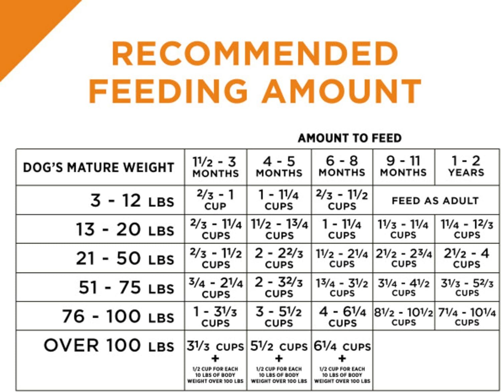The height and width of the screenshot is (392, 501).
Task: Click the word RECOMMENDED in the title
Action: (255, 54)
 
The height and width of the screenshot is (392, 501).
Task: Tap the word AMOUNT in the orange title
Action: (342, 91)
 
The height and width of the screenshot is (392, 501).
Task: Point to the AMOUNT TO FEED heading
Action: (349, 138)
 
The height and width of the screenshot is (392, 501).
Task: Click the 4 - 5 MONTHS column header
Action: (279, 167)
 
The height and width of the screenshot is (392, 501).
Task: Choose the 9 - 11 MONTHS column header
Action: (403, 166)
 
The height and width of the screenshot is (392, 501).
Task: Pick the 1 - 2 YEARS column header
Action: (466, 166)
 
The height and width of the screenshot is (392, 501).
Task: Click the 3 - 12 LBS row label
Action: (132, 201)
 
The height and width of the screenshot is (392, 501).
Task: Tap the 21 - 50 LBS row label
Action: (125, 259)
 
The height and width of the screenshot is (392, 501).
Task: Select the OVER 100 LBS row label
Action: (109, 346)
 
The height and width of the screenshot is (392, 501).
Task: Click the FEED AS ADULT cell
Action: (435, 201)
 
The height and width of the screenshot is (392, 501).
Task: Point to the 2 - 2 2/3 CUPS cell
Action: (279, 258)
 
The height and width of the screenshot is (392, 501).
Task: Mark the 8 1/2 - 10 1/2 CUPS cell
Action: (403, 316)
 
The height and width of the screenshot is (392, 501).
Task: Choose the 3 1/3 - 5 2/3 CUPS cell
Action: (467, 287)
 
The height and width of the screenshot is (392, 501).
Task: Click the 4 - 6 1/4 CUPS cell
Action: (342, 316)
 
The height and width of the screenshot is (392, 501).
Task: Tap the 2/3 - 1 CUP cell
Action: (215, 200)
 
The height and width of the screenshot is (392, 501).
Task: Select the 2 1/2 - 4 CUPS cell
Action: (467, 258)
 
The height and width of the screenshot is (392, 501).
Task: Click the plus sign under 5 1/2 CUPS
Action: (279, 359)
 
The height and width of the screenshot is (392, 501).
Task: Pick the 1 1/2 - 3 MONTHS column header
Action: (215, 167)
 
